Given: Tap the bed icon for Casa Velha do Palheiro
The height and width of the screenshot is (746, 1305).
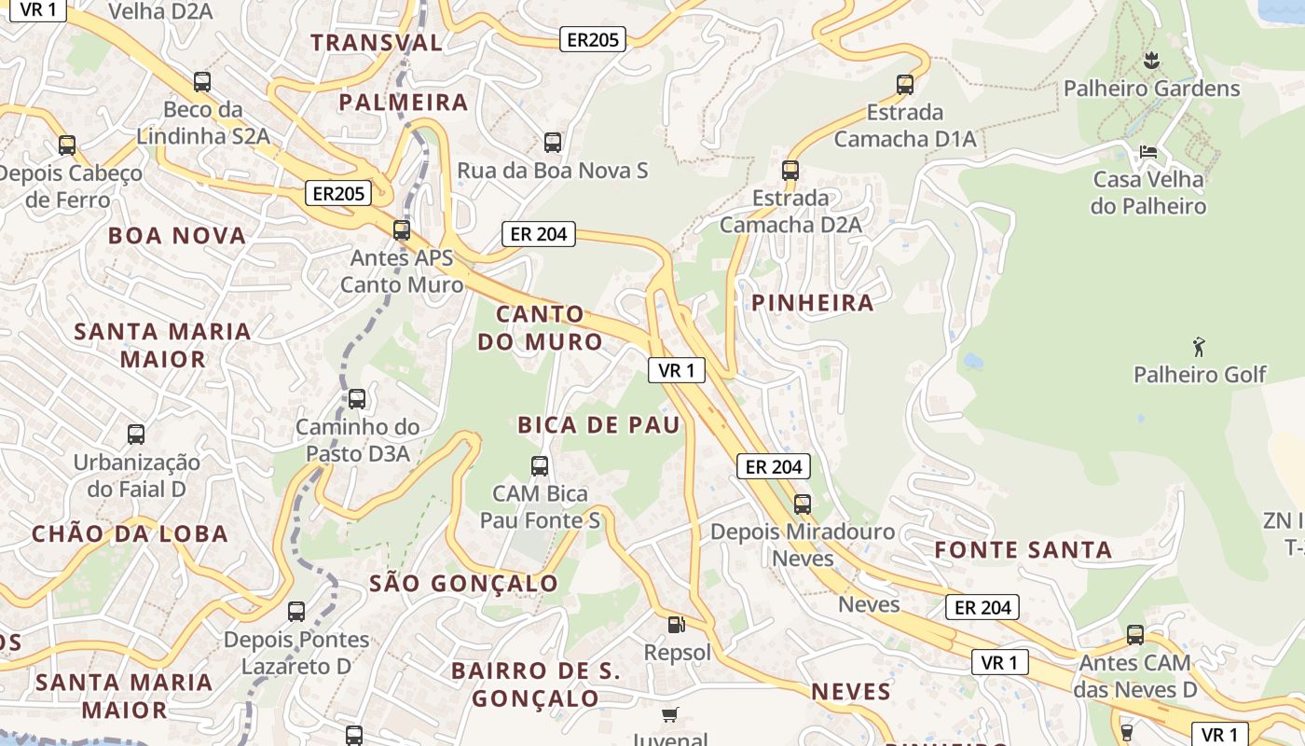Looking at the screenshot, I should (1148, 151).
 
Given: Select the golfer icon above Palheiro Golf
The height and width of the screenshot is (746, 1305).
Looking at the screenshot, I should (1199, 348).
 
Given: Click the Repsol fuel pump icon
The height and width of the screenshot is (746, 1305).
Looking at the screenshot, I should (677, 625).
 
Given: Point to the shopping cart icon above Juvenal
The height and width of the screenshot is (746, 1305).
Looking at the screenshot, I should (669, 715).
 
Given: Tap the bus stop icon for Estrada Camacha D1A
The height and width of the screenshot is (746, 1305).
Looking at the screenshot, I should (904, 85).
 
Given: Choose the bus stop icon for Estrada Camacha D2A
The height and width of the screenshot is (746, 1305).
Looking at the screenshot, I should (790, 171).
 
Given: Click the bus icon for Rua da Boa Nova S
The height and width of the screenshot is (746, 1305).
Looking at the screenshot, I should (553, 143).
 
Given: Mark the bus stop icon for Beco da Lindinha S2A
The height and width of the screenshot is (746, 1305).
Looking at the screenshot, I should (202, 82).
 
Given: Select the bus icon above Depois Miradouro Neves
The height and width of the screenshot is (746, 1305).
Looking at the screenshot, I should (803, 504).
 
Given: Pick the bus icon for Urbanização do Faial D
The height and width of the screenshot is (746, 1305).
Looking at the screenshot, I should (136, 435).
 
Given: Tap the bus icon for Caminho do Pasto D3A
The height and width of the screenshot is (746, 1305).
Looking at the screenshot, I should (357, 400).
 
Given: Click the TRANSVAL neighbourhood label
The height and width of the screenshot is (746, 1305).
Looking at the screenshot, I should (377, 42).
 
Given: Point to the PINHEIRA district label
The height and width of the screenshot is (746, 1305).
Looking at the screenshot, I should (813, 302).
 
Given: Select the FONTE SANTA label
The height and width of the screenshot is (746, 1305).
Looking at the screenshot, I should (1023, 549).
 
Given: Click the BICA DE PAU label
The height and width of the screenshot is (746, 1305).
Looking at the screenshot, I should (599, 425).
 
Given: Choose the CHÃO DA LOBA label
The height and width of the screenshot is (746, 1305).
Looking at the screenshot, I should (130, 533).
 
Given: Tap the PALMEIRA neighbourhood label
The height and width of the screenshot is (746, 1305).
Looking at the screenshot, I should (403, 102).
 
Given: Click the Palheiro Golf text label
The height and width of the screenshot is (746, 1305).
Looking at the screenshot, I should (1200, 375).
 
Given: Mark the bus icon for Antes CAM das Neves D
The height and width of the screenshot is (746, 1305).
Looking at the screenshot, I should (1135, 635).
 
